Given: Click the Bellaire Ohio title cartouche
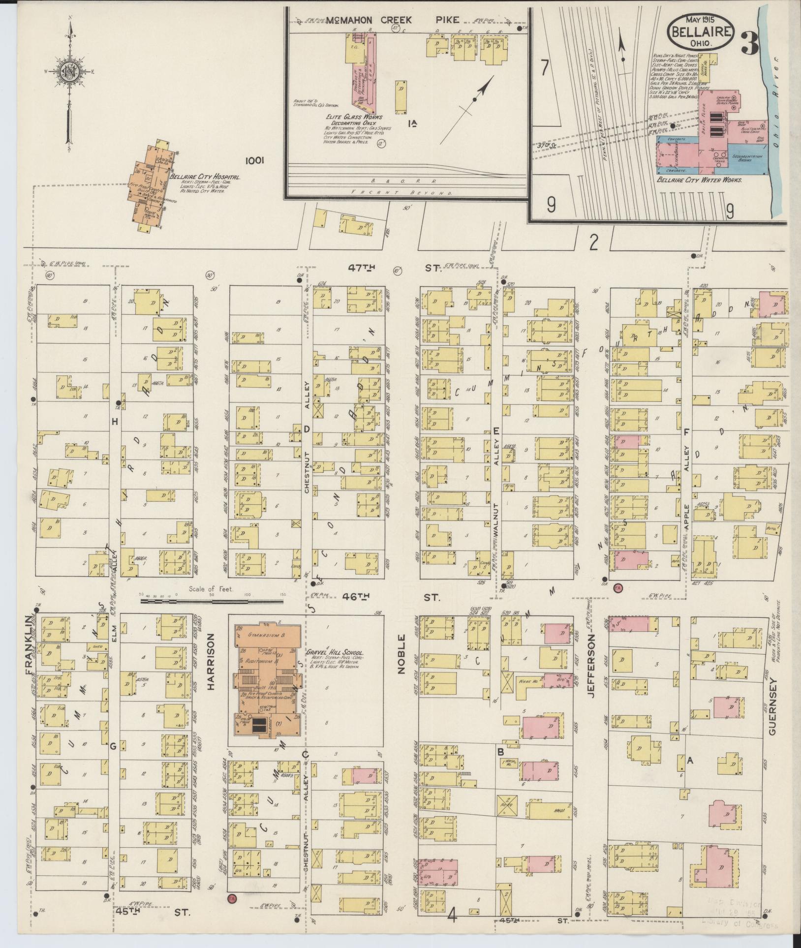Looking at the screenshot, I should click(x=701, y=31).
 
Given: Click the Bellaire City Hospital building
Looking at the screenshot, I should click(x=149, y=187).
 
